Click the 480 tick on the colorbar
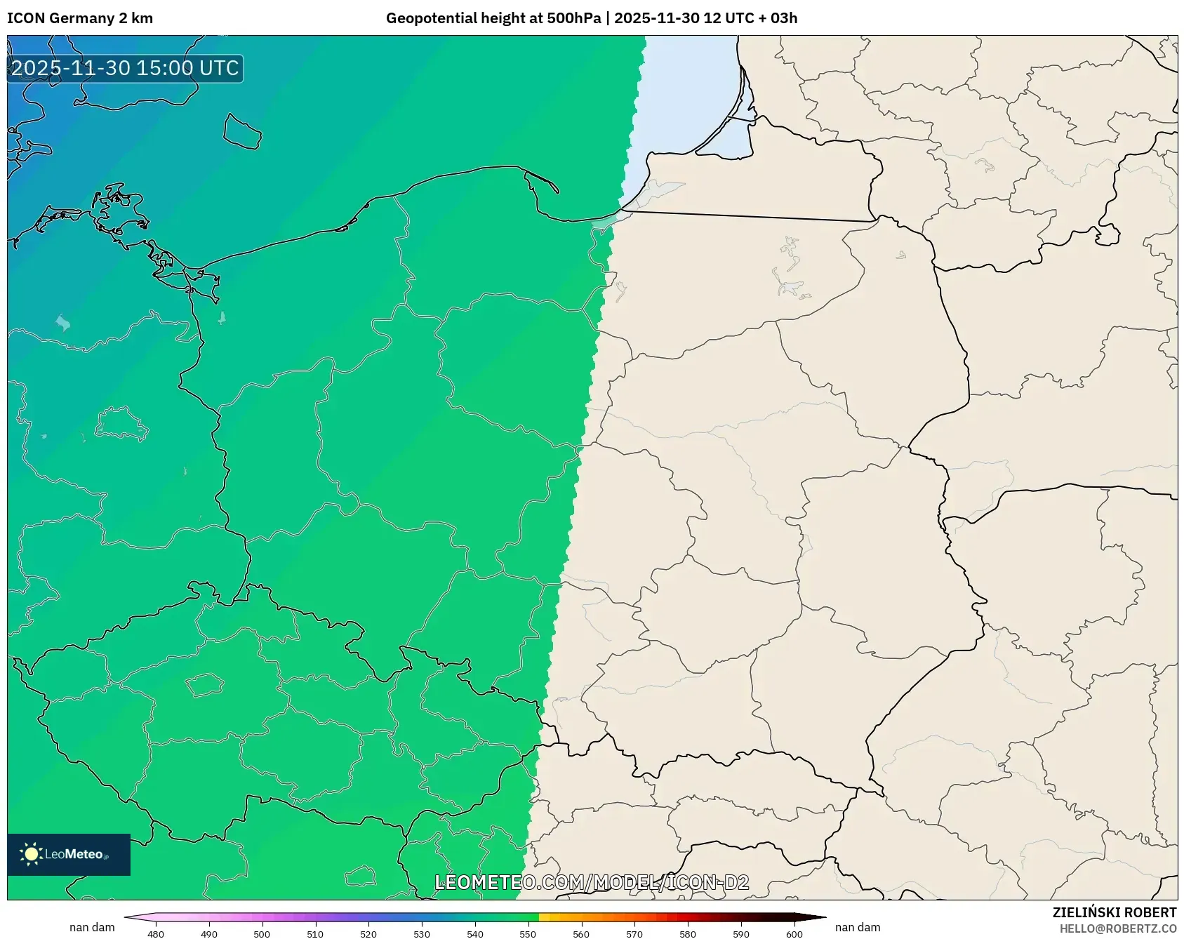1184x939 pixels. click(x=156, y=933)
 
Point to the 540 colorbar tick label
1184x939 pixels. click(x=475, y=933)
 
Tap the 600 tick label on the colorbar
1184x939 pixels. click(x=794, y=933)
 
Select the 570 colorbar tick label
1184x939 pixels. click(x=634, y=933)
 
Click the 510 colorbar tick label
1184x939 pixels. click(x=315, y=933)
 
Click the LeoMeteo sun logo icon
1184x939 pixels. click(x=31, y=854)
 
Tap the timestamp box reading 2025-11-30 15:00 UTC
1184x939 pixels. click(x=125, y=68)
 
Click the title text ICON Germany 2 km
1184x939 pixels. click(x=80, y=18)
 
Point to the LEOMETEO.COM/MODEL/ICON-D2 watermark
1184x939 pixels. click(x=592, y=882)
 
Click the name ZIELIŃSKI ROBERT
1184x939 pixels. click(x=1114, y=912)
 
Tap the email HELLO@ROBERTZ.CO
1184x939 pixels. click(x=1117, y=928)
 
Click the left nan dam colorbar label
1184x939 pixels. click(x=92, y=927)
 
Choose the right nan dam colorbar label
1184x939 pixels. click(x=858, y=927)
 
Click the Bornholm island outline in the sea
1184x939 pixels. click(x=242, y=132)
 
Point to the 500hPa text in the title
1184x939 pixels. click(x=573, y=18)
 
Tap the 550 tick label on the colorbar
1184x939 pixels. click(x=528, y=933)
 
